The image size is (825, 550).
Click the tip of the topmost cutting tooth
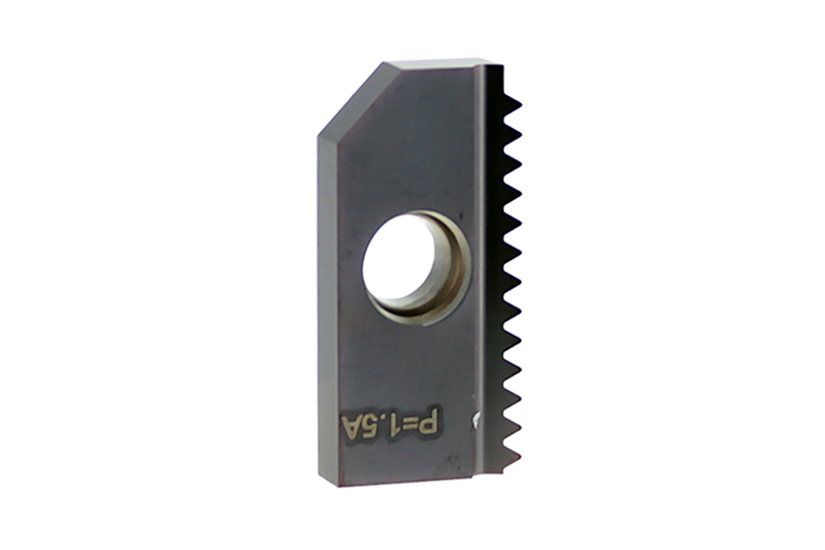point(521,104)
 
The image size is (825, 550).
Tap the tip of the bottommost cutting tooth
point(521,457)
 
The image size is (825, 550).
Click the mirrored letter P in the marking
point(430,420)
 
